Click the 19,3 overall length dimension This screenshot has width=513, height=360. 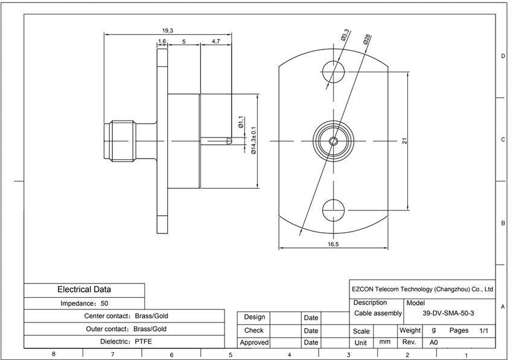click(x=168, y=31)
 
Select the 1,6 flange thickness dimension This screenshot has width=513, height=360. click(x=162, y=42)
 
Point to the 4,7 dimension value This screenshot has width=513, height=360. click(x=216, y=42)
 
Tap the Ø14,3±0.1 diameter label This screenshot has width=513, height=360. click(x=254, y=141)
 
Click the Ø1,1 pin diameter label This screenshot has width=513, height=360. click(x=241, y=122)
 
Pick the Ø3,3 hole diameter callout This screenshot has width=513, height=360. click(x=345, y=35)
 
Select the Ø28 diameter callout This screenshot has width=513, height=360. click(x=367, y=39)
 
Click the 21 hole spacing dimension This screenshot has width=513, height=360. click(x=405, y=141)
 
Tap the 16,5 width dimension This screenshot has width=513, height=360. click(x=333, y=244)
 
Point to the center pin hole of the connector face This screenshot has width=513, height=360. click(x=333, y=141)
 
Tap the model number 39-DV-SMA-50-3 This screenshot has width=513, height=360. click(x=448, y=313)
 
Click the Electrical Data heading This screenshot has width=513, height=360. click(x=84, y=289)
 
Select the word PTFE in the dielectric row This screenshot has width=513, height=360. click(x=143, y=342)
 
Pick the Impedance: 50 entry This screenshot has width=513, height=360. click(x=84, y=303)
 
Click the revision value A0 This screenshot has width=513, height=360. click(x=433, y=343)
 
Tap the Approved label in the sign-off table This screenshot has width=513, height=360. click(x=254, y=343)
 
